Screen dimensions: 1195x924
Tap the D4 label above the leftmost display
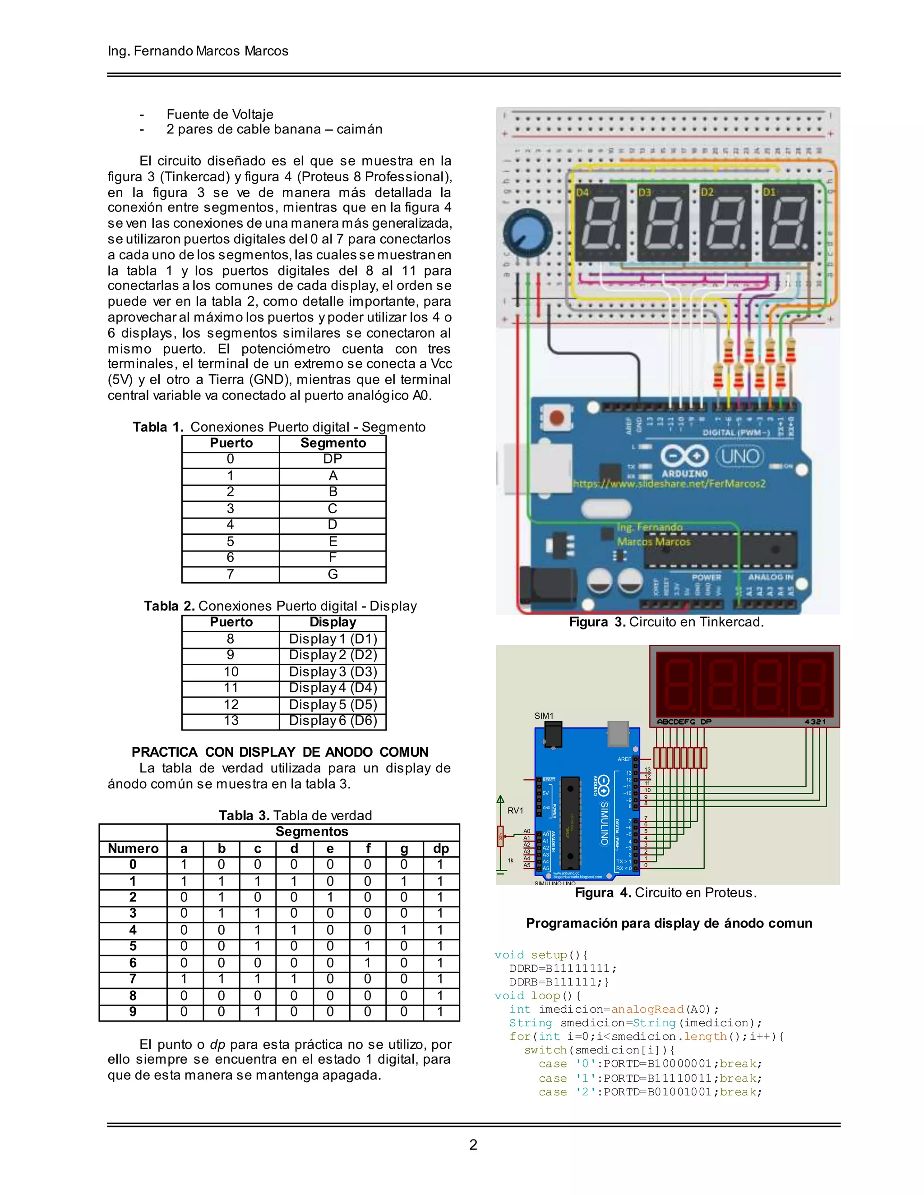(x=582, y=193)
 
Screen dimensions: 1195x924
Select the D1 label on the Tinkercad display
(x=769, y=193)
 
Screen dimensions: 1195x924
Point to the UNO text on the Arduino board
(x=740, y=456)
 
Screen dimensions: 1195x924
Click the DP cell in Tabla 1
(x=332, y=459)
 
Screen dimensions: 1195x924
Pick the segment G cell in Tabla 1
(x=332, y=574)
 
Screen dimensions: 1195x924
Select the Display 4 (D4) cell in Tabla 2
(x=333, y=688)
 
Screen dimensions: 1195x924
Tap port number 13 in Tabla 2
(x=231, y=721)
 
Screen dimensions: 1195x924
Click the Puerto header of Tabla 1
(x=231, y=443)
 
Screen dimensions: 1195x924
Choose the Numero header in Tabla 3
(x=133, y=848)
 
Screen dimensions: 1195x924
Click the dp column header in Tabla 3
(x=441, y=848)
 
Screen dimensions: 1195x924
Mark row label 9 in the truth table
(x=133, y=1012)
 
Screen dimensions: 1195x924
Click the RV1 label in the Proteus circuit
(x=515, y=810)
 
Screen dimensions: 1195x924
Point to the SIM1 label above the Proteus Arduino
(x=544, y=716)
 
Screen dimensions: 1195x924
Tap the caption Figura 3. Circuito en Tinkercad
(x=666, y=622)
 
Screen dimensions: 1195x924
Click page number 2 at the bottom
(x=473, y=1144)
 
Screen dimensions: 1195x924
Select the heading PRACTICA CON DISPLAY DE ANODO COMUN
(x=280, y=752)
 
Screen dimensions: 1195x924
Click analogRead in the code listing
(x=647, y=1009)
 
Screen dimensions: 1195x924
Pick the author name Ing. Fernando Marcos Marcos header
(x=198, y=51)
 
